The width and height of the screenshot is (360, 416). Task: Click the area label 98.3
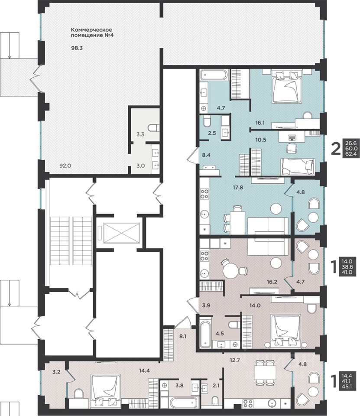coord(77,48)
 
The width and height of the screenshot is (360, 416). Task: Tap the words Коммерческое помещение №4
coord(92,32)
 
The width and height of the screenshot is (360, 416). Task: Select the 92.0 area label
coord(65,166)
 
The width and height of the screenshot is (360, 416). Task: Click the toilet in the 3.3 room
coord(154,128)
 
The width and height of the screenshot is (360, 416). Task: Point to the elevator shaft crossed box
coord(121,233)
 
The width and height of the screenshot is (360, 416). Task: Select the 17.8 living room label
coord(238,188)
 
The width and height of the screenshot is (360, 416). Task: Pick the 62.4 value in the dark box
coord(351,153)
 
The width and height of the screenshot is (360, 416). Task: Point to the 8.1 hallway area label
coord(183,337)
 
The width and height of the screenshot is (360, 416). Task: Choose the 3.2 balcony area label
coord(56,372)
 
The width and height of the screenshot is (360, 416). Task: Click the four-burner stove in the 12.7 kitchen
coord(248,403)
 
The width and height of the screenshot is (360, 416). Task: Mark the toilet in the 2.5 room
coord(207,121)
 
